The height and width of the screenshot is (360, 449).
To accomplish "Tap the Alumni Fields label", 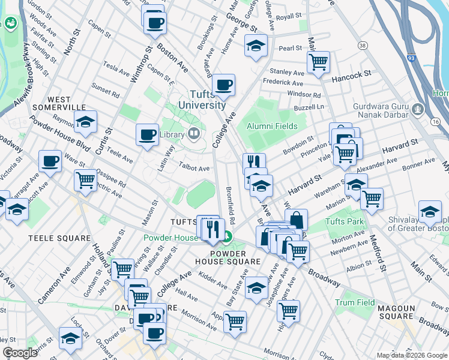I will [273, 126].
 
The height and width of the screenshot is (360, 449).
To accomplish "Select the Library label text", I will [172, 134].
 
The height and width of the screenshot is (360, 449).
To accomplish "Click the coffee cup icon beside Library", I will [147, 135].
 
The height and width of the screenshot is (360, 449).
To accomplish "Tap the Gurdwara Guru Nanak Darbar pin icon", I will [418, 110].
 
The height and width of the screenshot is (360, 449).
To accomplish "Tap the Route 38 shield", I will [362, 46].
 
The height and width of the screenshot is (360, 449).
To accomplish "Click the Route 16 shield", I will [435, 122].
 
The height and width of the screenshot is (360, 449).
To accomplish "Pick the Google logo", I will [20, 353].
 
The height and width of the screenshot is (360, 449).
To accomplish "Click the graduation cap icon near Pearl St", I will [256, 46].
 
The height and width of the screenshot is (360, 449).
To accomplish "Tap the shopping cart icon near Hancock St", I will [318, 61].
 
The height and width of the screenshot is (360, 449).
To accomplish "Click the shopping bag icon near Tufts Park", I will [296, 220].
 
